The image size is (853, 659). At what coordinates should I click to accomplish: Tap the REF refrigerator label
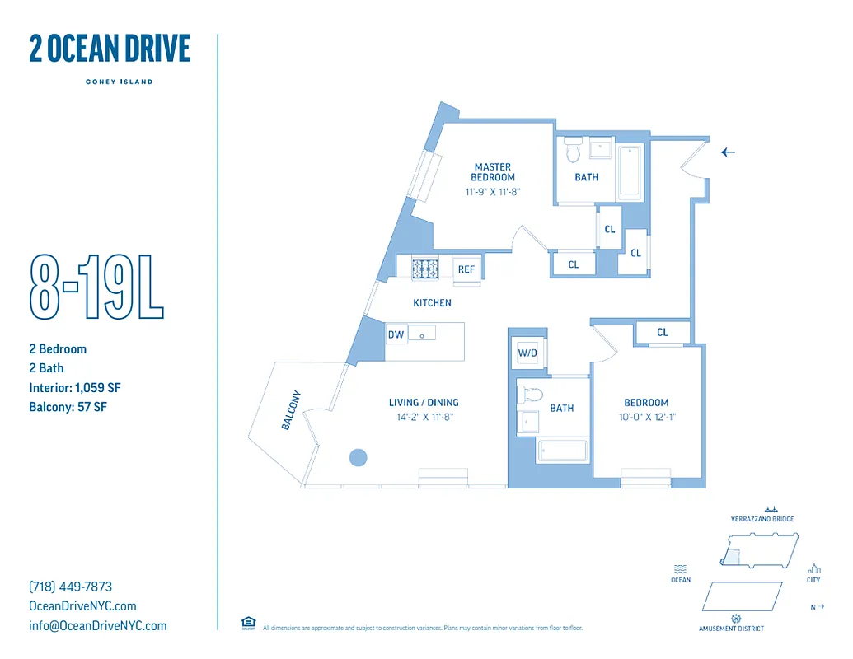point(466,269)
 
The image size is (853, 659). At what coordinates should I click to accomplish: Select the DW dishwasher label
point(396,334)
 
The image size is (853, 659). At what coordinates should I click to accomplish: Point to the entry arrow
point(728,152)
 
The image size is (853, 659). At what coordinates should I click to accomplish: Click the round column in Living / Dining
point(358,457)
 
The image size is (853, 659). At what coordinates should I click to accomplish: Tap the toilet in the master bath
point(574,152)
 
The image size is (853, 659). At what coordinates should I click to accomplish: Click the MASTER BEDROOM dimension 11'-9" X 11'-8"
point(493,192)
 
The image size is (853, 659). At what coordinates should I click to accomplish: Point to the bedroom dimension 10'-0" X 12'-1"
point(646,418)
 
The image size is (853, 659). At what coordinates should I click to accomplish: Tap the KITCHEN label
point(433,303)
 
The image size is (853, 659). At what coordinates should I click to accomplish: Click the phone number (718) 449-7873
point(71,587)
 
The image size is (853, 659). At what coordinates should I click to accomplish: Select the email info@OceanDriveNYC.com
point(98,625)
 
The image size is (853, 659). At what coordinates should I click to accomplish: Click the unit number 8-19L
point(97,286)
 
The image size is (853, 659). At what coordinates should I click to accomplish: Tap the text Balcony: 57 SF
point(68,407)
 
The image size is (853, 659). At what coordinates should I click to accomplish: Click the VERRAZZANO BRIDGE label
point(762,519)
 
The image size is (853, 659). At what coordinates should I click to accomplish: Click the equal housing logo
point(248,623)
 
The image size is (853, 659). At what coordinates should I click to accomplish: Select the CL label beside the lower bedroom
point(663,333)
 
